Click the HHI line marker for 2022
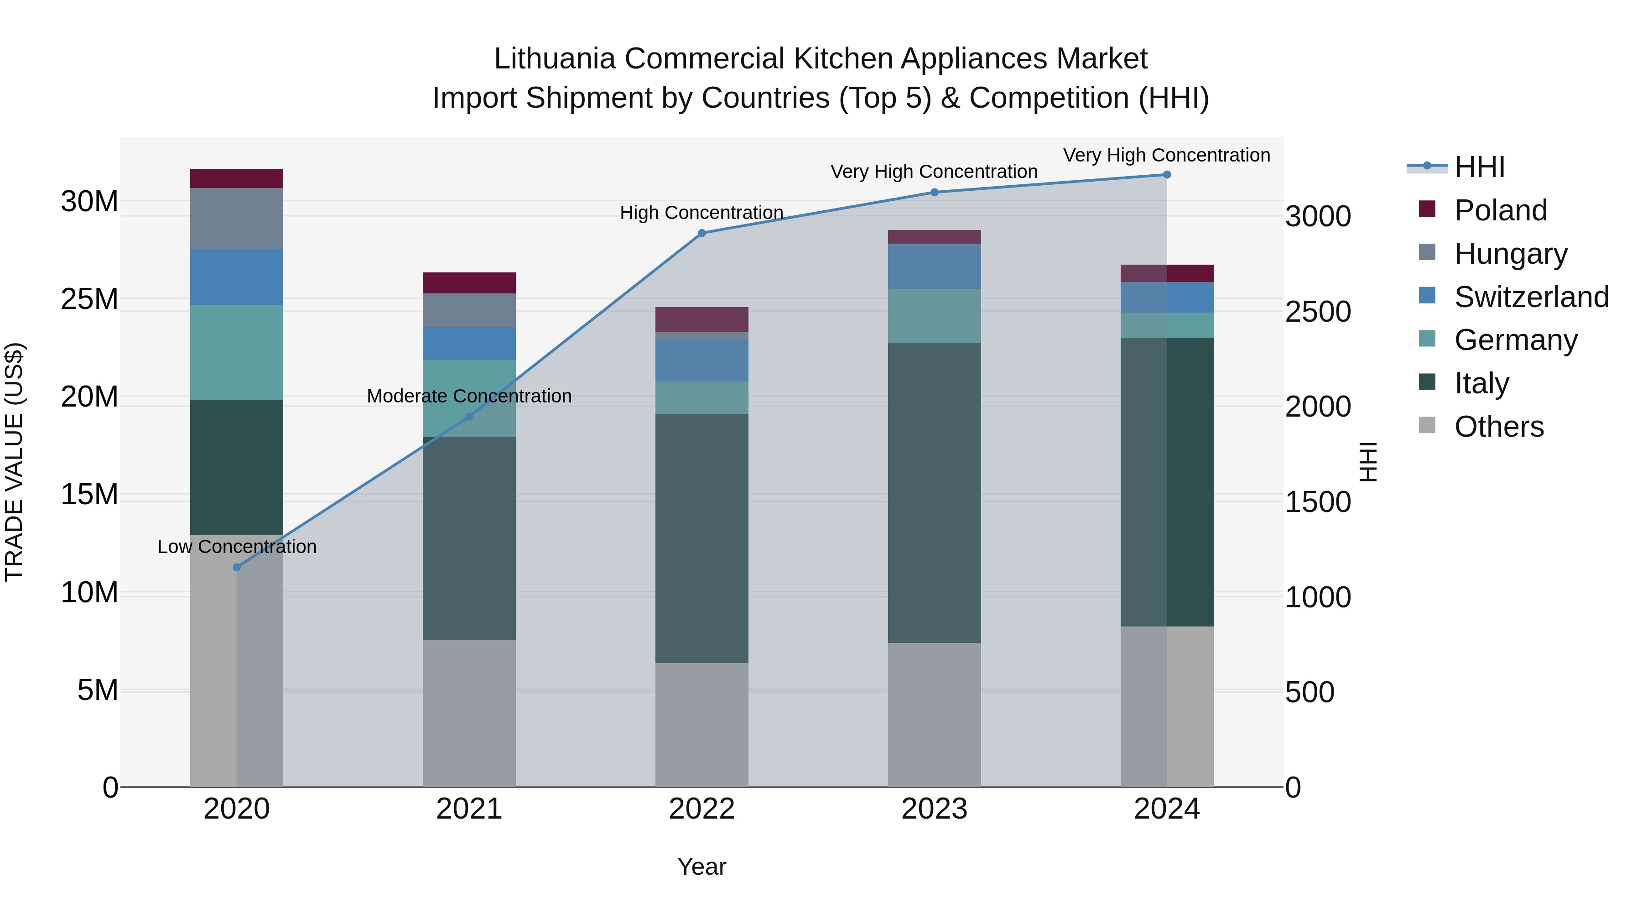702,233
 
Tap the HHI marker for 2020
236,567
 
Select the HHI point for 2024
1167,174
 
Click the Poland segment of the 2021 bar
469,282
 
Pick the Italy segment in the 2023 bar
935,492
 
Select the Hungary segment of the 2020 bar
236,218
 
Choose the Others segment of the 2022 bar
702,725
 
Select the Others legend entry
1499,427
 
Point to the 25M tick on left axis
89,299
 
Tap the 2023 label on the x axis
935,809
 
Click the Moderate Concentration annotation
469,396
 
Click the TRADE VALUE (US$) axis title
14,462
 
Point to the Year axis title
702,867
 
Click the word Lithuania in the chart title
555,59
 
